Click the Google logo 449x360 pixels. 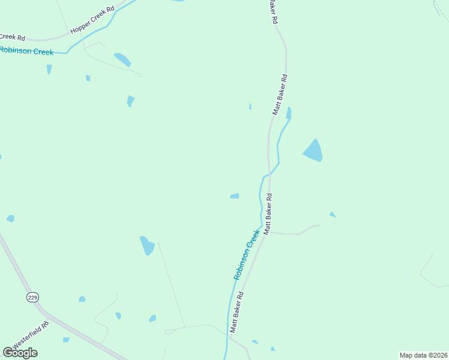click(20, 353)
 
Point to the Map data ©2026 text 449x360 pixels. click(424, 355)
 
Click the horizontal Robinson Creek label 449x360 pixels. click(26, 51)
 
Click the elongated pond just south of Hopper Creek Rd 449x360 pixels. click(122, 59)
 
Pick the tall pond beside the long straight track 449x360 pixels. click(147, 245)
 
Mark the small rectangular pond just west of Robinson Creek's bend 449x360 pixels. click(234, 196)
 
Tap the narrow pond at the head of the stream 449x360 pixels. click(289, 113)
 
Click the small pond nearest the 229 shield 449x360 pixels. click(82, 299)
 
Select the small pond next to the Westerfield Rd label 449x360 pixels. click(66, 340)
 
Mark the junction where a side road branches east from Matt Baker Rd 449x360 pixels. click(270, 232)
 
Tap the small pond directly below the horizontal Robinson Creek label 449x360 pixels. click(49, 69)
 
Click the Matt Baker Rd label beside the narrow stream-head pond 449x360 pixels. click(280, 94)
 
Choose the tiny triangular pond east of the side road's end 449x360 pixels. click(333, 215)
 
